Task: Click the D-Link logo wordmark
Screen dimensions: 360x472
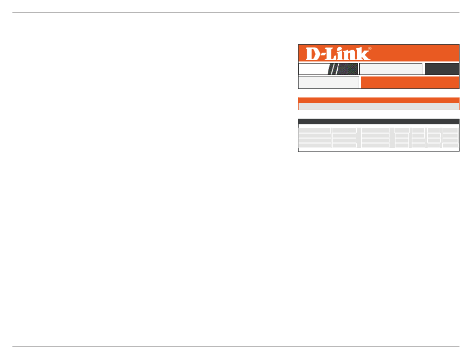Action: [x=338, y=54]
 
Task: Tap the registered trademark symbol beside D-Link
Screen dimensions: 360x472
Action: [x=370, y=49]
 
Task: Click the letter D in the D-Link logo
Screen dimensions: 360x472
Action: [x=313, y=54]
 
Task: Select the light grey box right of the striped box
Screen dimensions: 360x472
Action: [x=391, y=69]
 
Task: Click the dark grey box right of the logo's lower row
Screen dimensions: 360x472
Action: [x=442, y=69]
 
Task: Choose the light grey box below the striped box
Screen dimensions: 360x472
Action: [x=328, y=82]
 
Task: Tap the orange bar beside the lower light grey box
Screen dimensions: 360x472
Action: [x=410, y=82]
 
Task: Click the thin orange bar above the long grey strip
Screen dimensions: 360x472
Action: [x=379, y=100]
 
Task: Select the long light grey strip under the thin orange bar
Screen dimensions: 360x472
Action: [x=379, y=106]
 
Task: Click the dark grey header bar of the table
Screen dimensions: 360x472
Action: [x=379, y=121]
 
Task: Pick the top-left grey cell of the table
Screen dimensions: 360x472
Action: [x=315, y=130]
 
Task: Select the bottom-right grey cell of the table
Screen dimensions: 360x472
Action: [x=451, y=146]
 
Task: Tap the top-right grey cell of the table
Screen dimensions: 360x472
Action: [x=451, y=130]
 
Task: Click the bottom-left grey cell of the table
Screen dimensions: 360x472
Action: [x=315, y=146]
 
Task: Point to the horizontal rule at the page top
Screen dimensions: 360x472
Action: [x=236, y=12]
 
